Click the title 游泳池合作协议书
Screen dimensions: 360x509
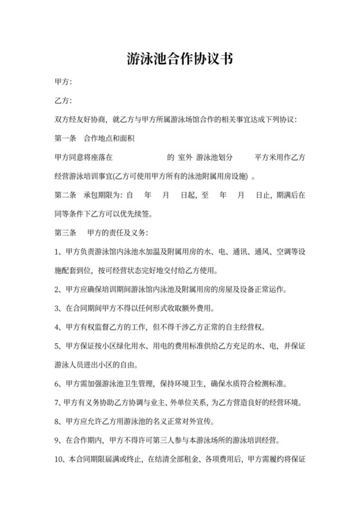179,60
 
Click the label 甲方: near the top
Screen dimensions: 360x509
63,83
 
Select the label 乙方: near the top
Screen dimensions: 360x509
63,101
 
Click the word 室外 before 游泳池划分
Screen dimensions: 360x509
186,157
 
